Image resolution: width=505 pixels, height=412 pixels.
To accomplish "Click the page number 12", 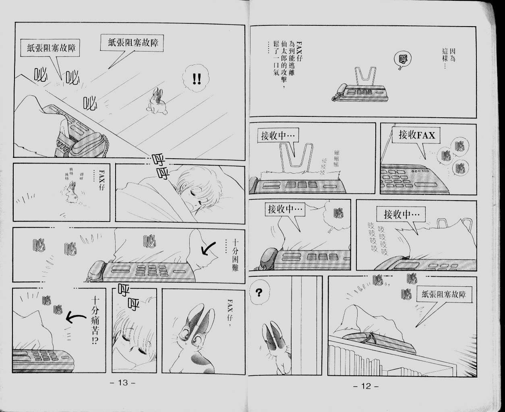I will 366,386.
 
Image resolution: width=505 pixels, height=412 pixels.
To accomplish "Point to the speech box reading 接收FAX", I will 417,135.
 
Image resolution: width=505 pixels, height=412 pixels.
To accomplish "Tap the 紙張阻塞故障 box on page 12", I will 446,295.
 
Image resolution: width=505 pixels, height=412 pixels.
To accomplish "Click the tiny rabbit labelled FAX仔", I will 72,192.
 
